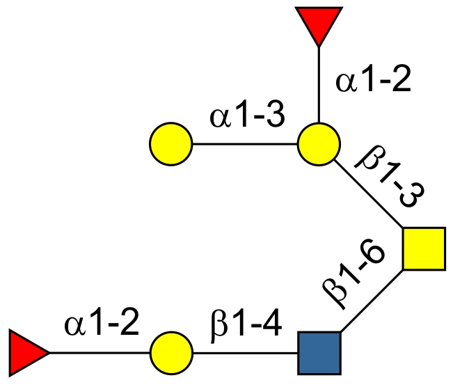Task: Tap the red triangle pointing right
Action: [26, 352]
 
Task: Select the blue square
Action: [319, 352]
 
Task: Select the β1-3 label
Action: [386, 178]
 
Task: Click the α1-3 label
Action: [246, 117]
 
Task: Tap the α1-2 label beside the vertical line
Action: [373, 82]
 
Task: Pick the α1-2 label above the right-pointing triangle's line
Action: [102, 324]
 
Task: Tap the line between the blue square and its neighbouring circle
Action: [245, 352]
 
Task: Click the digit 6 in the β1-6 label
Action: [367, 263]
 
